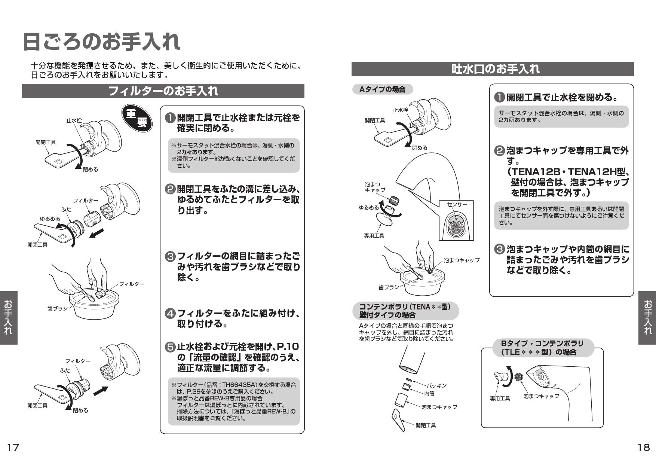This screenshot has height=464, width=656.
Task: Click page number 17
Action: click(13, 447)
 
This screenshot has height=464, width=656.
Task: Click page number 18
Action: click(643, 447)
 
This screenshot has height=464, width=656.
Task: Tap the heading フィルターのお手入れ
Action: click(163, 91)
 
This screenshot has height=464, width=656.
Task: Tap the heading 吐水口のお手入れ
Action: click(492, 69)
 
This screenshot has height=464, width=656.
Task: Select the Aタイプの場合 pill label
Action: click(382, 89)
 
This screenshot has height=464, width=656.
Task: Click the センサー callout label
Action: click(457, 205)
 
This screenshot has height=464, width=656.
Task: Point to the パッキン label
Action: click(436, 385)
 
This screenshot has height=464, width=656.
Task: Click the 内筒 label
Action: click(429, 394)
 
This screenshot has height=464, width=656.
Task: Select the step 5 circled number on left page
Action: click(170, 347)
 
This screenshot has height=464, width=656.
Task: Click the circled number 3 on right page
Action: click(500, 249)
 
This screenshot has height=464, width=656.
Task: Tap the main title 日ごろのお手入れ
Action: click(102, 42)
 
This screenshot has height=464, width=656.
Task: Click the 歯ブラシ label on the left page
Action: click(58, 309)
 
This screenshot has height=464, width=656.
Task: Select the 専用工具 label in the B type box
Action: click(500, 399)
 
